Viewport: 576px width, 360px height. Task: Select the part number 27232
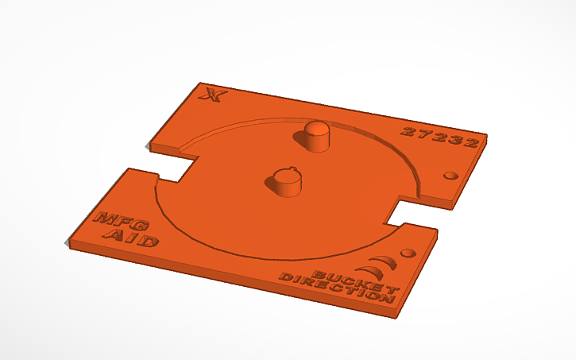pos(439,137)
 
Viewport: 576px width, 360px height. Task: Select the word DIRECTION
pos(337,288)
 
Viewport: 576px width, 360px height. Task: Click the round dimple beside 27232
pos(452,175)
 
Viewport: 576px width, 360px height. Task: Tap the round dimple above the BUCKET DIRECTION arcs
pos(408,254)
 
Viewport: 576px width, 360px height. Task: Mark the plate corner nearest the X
pos(197,83)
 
